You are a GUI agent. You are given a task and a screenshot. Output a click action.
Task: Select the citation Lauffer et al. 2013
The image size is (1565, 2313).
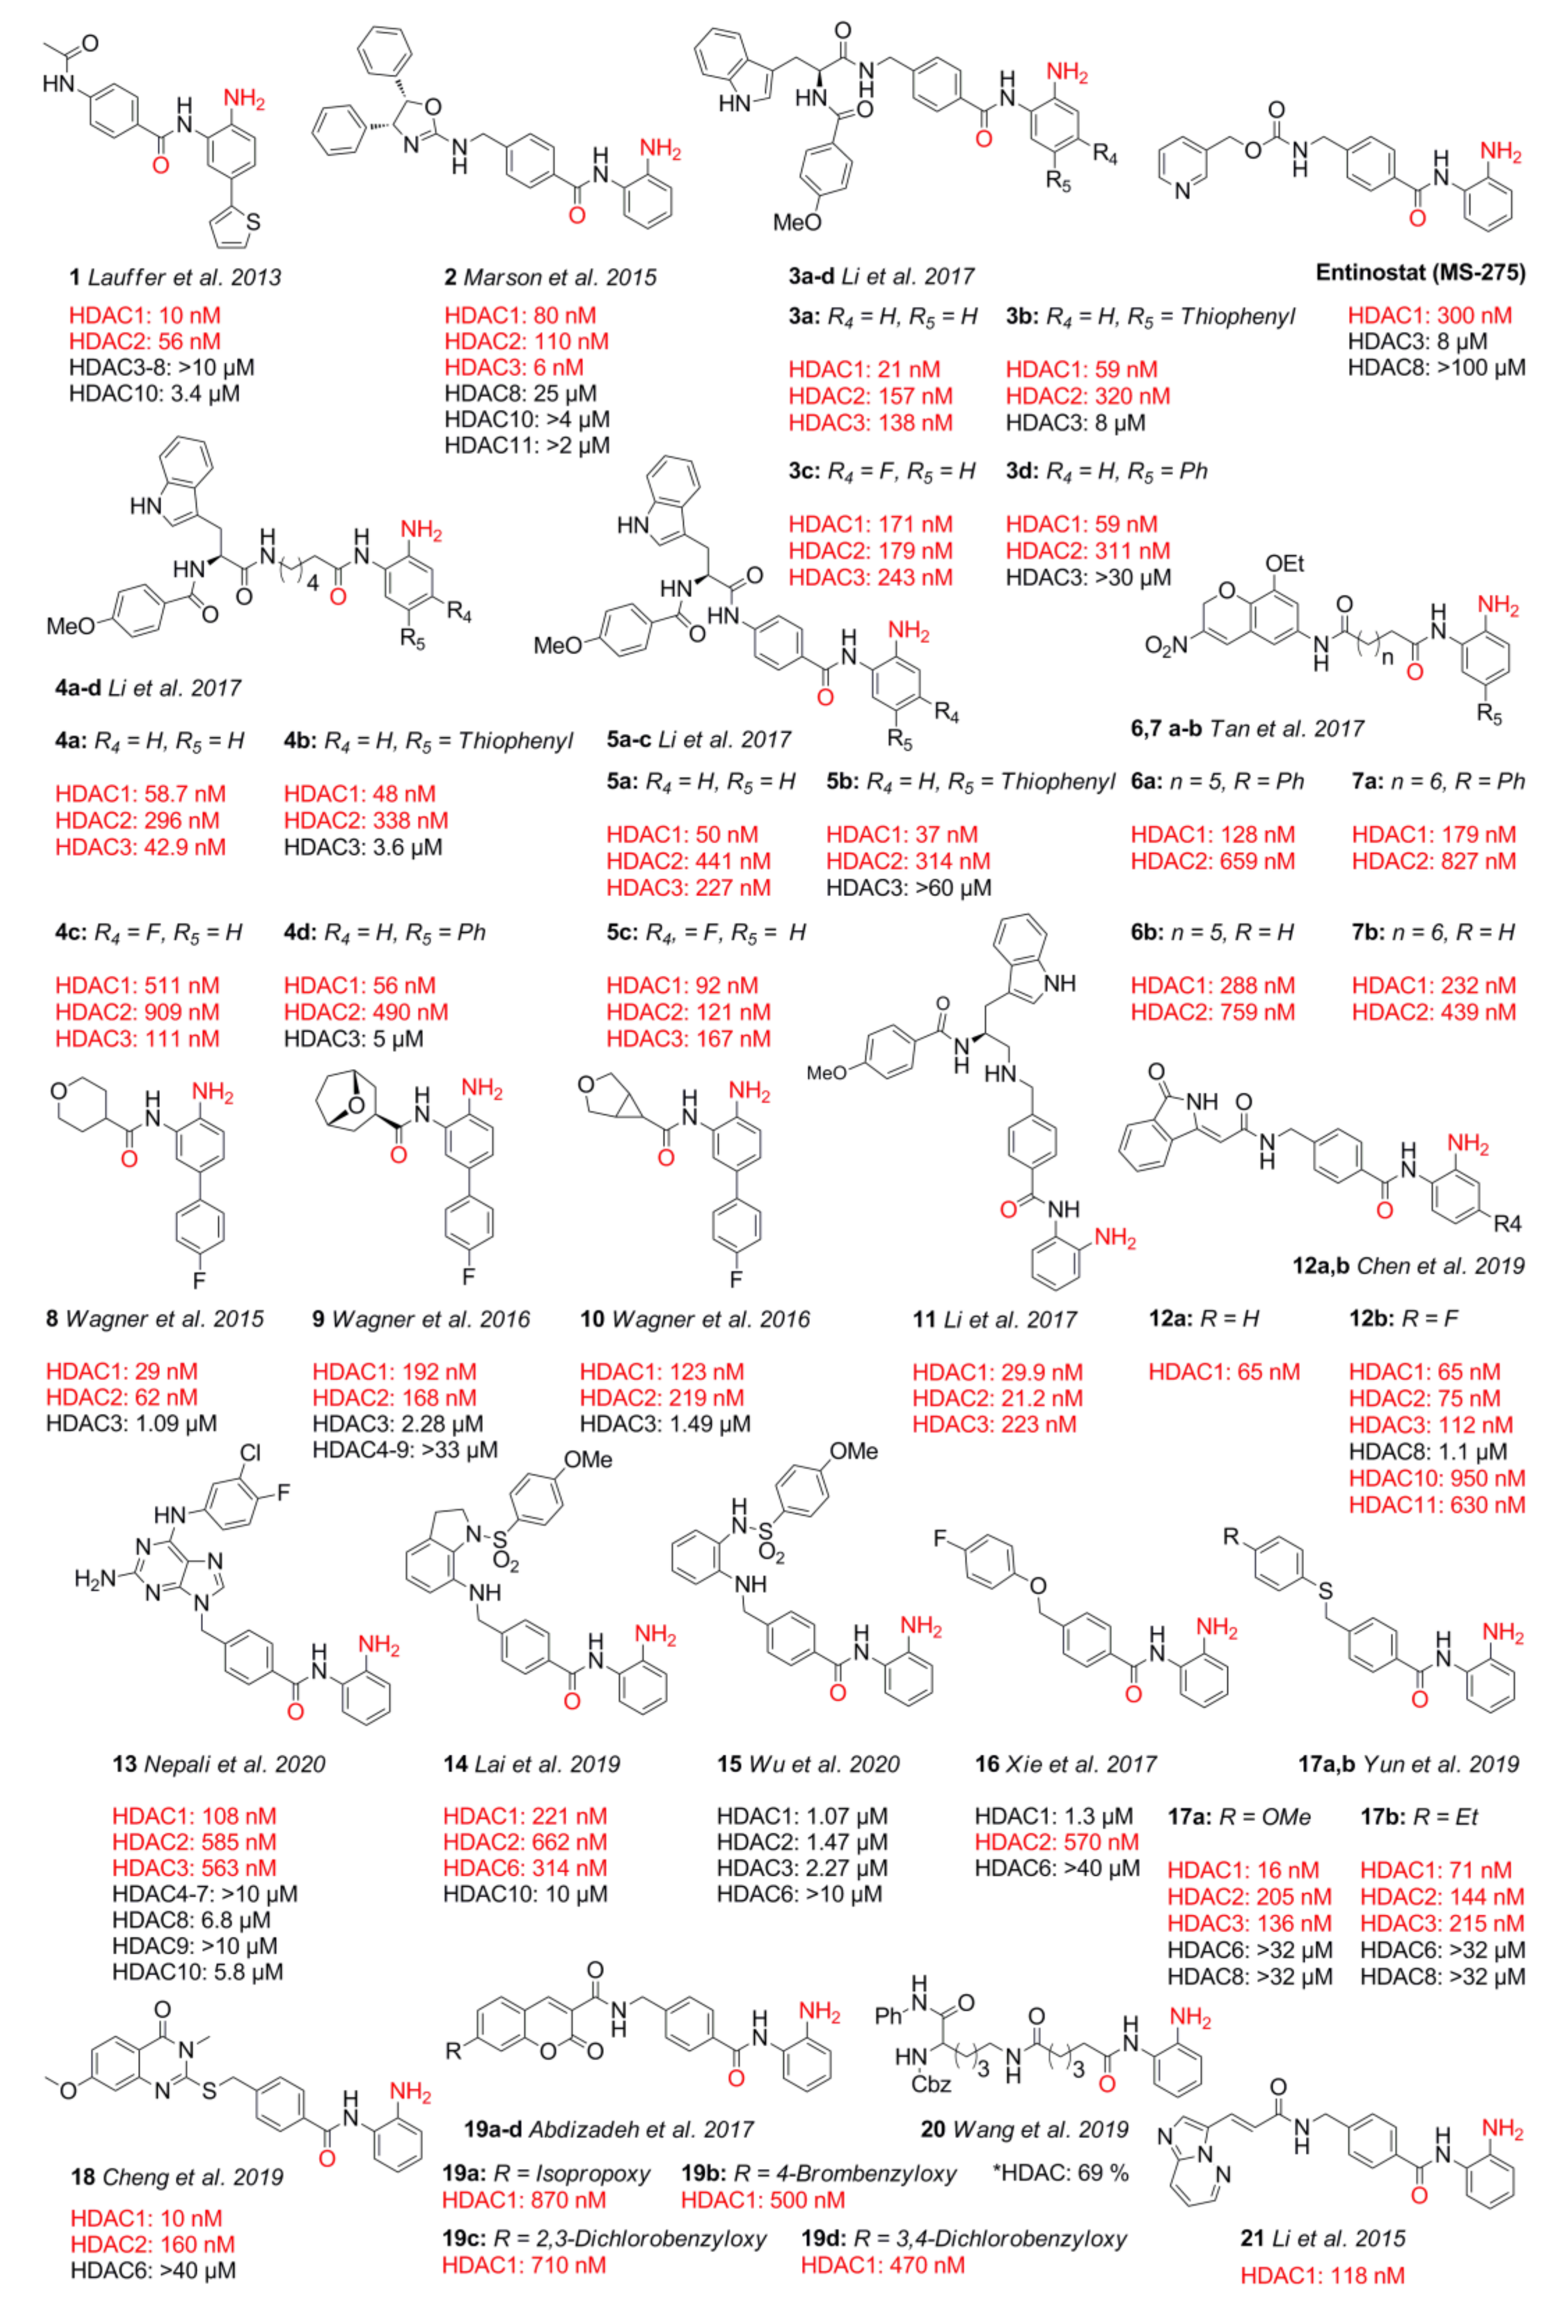click(184, 278)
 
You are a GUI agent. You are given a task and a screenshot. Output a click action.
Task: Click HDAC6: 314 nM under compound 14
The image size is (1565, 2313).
click(525, 1868)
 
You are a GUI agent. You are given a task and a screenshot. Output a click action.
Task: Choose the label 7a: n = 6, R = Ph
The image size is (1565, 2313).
click(1437, 781)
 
